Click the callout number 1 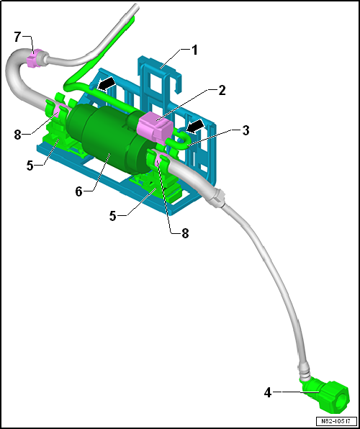click(194, 50)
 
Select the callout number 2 click(222, 90)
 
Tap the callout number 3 click(246, 130)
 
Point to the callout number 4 click(268, 393)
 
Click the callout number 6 click(79, 191)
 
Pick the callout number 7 click(17, 37)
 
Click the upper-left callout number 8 click(18, 135)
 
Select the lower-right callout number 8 click(185, 234)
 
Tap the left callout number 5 click(30, 166)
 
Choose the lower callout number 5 click(113, 217)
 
